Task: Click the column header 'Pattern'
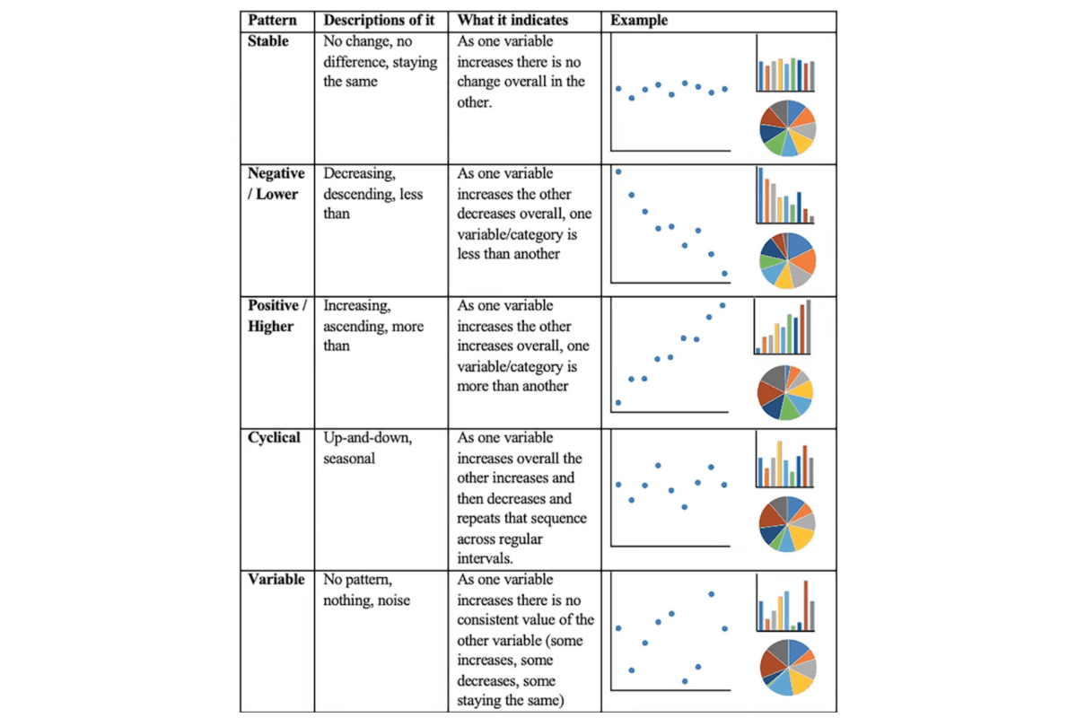tap(273, 21)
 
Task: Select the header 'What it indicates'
tap(512, 21)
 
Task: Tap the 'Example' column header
tap(639, 21)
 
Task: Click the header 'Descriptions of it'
tap(381, 21)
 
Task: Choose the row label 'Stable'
tap(268, 41)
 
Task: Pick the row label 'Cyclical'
tap(275, 438)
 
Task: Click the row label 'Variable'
tap(276, 580)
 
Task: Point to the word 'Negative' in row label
tap(276, 174)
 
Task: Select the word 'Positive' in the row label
tap(274, 306)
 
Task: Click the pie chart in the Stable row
tap(787, 128)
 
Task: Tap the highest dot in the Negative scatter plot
tap(618, 171)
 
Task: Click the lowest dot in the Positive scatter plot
tap(618, 402)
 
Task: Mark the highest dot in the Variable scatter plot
tap(711, 593)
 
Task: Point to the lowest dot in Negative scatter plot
tap(724, 273)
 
